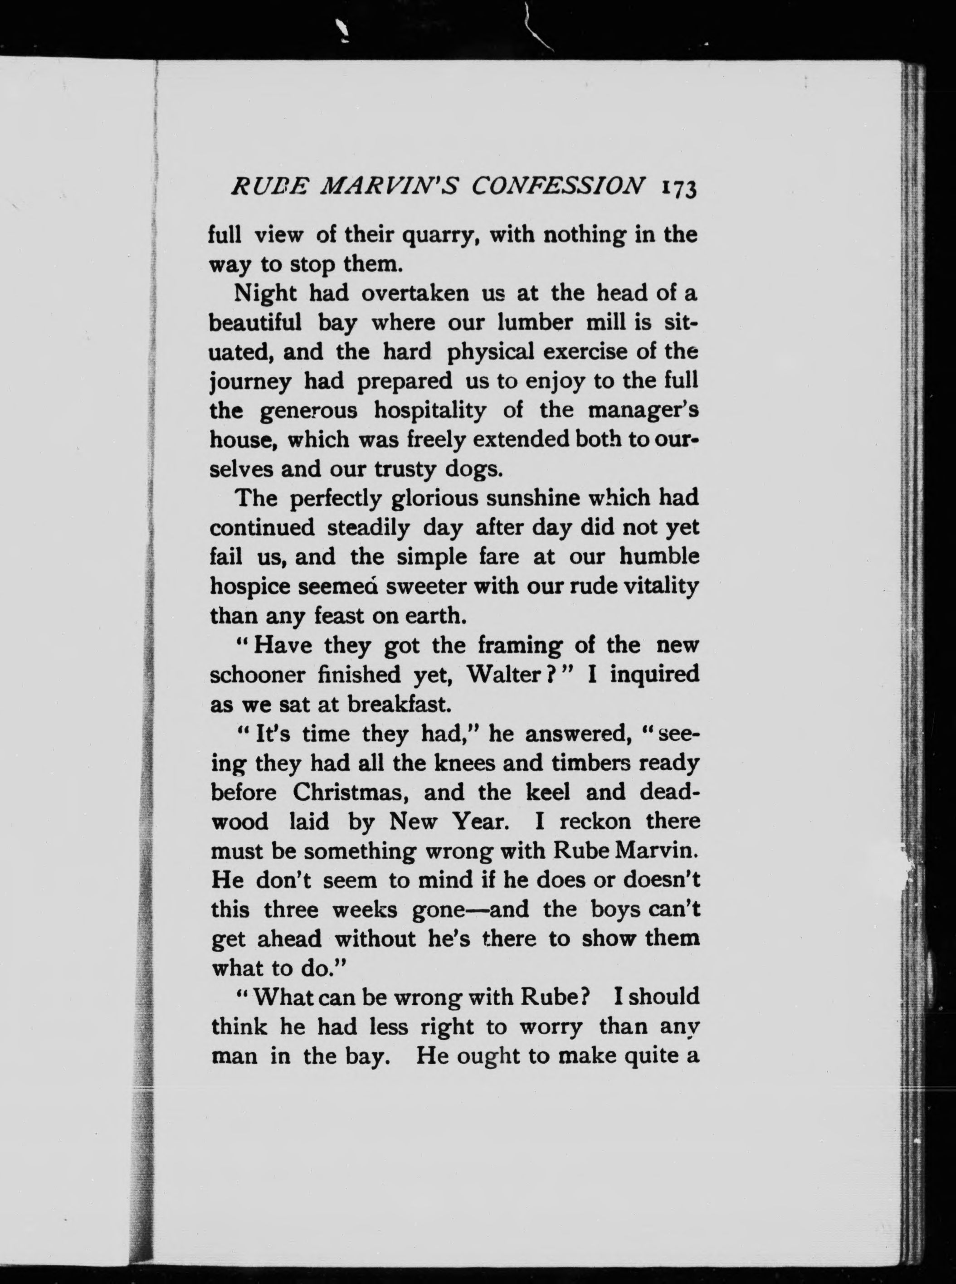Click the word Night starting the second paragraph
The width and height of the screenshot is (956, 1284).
(x=264, y=294)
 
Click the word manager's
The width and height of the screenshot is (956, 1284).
(x=641, y=411)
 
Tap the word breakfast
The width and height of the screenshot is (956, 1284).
(x=398, y=704)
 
